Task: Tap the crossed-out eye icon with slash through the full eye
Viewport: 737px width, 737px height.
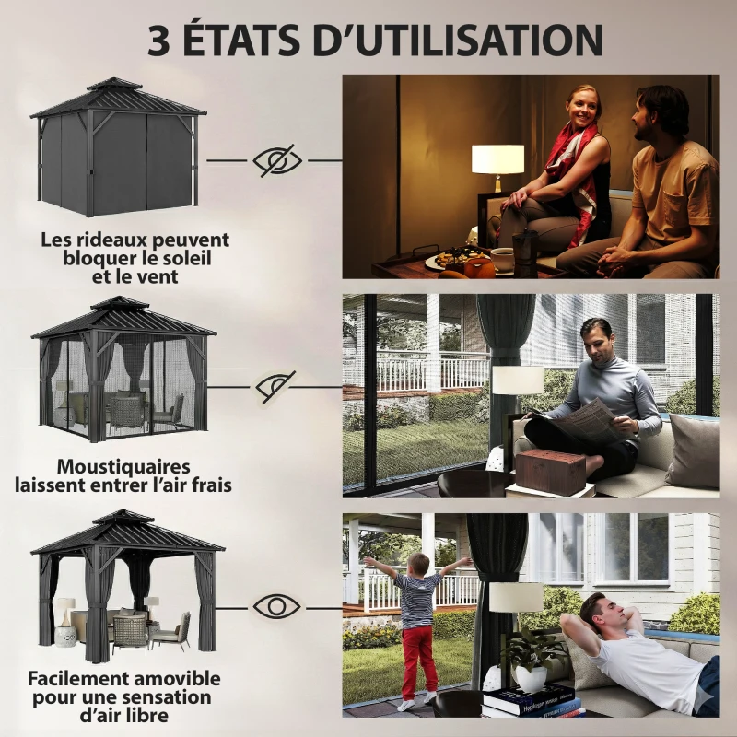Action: [277, 160]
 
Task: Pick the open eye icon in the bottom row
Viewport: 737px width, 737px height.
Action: [277, 606]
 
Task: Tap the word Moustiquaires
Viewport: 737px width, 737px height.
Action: [123, 467]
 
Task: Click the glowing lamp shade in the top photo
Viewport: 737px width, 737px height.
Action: [497, 158]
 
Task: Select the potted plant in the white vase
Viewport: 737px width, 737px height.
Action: [531, 663]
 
